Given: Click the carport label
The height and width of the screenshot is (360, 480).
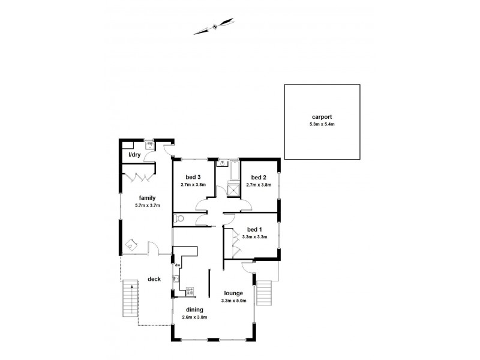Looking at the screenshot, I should tap(322, 117).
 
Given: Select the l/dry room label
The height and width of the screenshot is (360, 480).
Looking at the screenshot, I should tap(134, 155).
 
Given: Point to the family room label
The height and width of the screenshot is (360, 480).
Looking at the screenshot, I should tap(148, 197).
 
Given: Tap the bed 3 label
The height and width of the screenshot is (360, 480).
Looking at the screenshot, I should tap(193, 177).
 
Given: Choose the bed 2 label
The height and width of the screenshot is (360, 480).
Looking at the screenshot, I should tap(259, 177).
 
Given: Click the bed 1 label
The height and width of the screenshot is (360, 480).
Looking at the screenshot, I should tap(254, 229).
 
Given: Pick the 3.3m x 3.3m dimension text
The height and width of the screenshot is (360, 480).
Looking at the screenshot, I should tap(254, 237).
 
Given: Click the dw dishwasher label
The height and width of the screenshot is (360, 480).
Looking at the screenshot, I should tap(178, 265).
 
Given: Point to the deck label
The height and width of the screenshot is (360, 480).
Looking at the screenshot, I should tap(154, 279).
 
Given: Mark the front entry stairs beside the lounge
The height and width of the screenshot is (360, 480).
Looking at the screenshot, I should tap(265, 294).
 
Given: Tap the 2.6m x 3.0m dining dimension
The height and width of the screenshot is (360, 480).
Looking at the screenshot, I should tap(190, 317).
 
